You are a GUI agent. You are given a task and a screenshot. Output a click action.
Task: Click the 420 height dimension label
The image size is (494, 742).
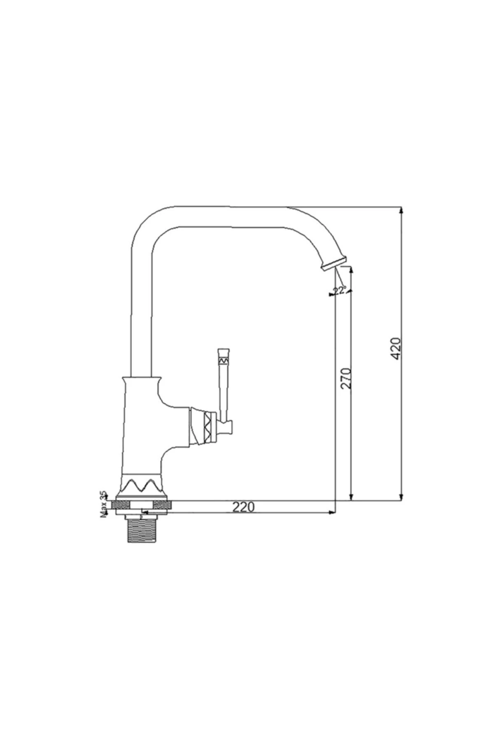pyautogui.click(x=396, y=348)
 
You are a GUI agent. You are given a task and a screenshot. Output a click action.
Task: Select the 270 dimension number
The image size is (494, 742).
pyautogui.click(x=346, y=378)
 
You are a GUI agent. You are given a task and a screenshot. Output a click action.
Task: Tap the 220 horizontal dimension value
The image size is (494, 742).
pyautogui.click(x=244, y=507)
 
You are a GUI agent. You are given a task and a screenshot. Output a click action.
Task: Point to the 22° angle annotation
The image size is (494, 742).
pyautogui.click(x=340, y=290)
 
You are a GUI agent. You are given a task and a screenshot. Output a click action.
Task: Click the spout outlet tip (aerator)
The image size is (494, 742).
pyautogui.click(x=334, y=263)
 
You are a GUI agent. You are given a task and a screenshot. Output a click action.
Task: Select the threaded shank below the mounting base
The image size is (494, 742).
pyautogui.click(x=142, y=531)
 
